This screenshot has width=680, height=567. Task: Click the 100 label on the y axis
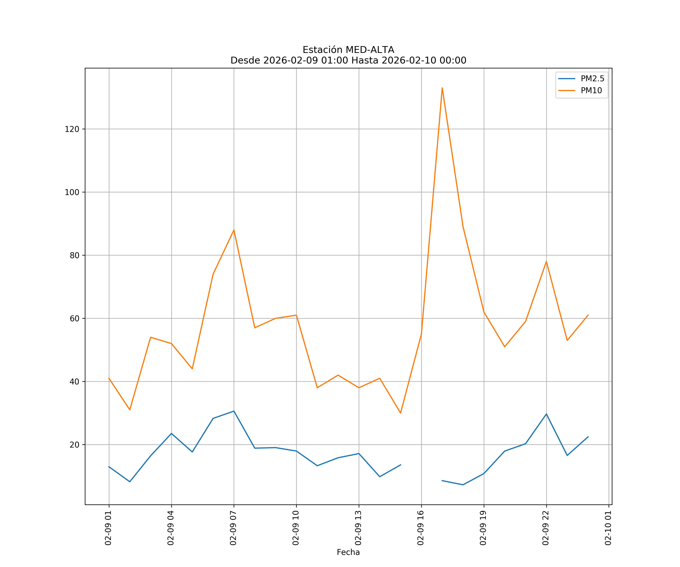pyautogui.click(x=72, y=192)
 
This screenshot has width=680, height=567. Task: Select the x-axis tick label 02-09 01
pyautogui.click(x=108, y=528)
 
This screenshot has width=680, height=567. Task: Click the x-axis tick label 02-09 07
pyautogui.click(x=233, y=528)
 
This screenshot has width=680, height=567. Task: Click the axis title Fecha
pyautogui.click(x=348, y=552)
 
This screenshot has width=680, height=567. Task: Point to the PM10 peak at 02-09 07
pyautogui.click(x=234, y=230)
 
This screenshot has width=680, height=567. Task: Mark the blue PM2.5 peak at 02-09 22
pyautogui.click(x=546, y=414)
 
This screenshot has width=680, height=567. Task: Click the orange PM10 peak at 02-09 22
pyautogui.click(x=546, y=261)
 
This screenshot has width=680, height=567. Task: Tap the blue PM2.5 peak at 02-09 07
pyautogui.click(x=234, y=411)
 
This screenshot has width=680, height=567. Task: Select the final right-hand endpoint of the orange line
pyautogui.click(x=588, y=315)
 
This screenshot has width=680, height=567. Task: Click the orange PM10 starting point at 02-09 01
pyautogui.click(x=109, y=378)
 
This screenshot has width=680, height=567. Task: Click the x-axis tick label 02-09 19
pyautogui.click(x=483, y=528)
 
